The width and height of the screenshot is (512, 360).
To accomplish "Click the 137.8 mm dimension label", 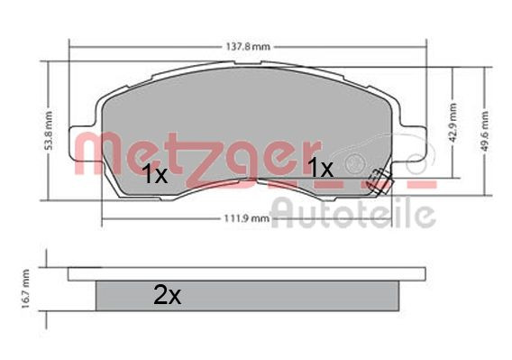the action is pos(248,47).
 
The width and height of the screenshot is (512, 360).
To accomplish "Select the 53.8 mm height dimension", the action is pos(48,131).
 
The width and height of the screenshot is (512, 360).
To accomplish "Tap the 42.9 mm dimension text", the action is pos(453,123).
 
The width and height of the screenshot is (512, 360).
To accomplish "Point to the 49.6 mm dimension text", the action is pos(485,131).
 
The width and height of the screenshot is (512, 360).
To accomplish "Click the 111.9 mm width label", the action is pos(247,218).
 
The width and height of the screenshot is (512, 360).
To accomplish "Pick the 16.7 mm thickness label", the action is pos(25,289).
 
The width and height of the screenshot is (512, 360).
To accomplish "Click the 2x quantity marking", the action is pos(167,295).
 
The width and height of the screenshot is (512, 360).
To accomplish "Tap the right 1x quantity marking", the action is pos(321,168).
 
